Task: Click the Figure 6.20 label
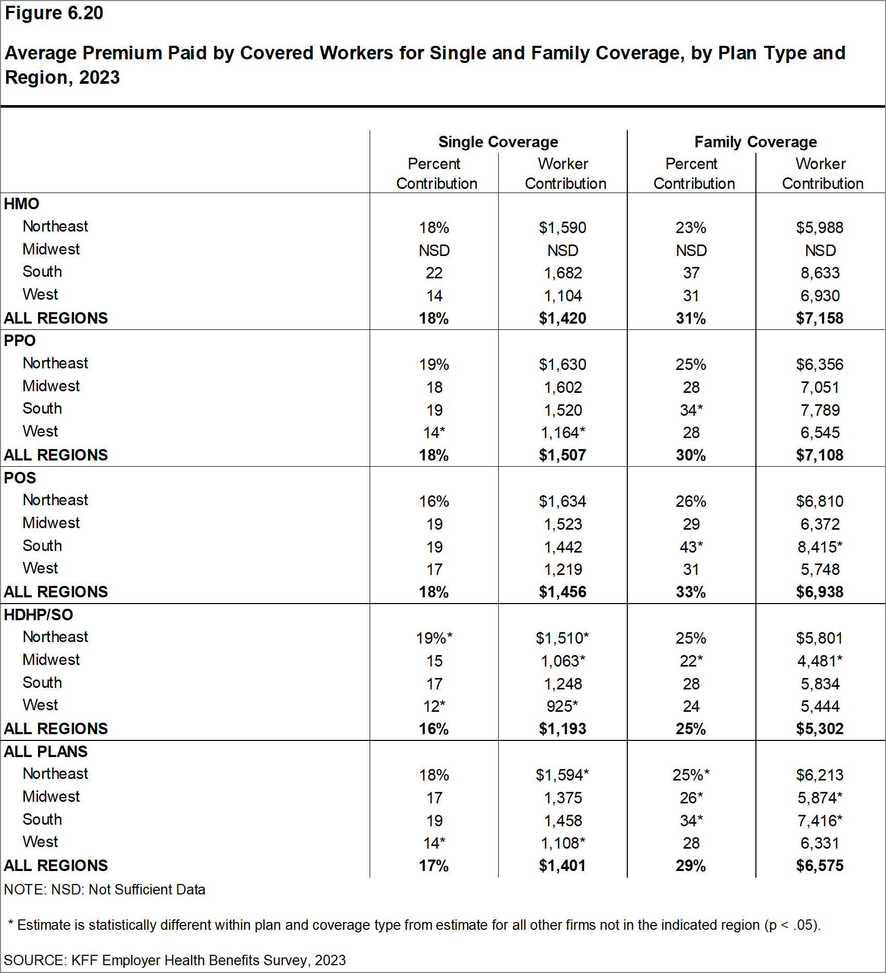point(54,13)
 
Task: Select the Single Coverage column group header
point(498,142)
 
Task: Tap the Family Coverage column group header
point(755,142)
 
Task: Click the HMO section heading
point(21,204)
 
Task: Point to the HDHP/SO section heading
point(39,614)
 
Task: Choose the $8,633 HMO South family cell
point(820,273)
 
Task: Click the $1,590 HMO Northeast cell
point(562,228)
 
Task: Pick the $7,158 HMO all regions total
point(819,318)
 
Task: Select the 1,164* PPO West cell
point(563,433)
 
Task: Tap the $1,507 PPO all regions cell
point(562,455)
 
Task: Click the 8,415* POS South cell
point(820,547)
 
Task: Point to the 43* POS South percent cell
point(691,547)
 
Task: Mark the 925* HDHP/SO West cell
point(562,707)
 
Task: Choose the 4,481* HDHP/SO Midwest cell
point(820,661)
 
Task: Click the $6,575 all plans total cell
point(819,866)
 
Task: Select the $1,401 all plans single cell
point(562,866)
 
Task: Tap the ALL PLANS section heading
point(46,752)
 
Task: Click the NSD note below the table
point(105,890)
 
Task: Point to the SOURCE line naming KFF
point(174,961)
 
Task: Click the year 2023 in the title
point(99,78)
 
